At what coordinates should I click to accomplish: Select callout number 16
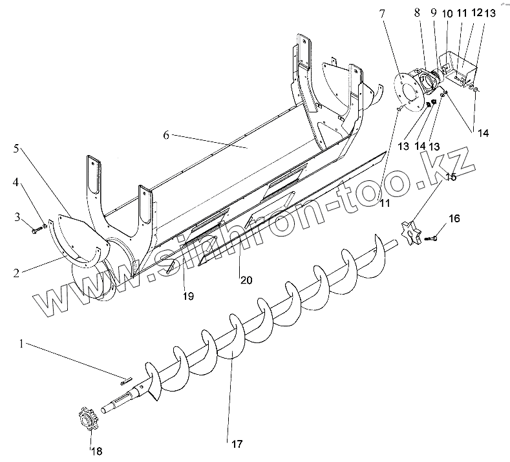click(454, 220)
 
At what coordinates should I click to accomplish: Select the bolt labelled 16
click(434, 239)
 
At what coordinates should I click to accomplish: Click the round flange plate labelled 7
click(405, 88)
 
